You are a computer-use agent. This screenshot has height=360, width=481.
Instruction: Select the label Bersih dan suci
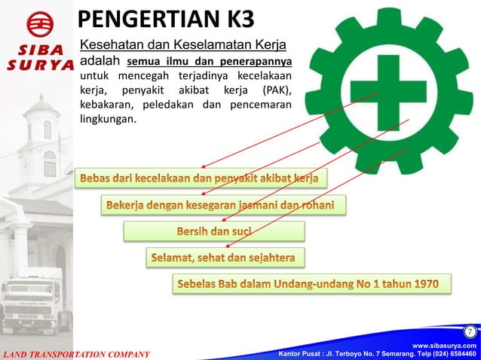214,230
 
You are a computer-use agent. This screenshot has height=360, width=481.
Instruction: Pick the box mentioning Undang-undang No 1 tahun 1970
313,284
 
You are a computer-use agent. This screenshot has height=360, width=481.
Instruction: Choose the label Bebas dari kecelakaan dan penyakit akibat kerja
201,178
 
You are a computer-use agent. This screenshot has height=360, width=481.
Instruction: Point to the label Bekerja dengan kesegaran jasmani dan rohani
224,204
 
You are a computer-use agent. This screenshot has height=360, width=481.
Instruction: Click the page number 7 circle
469,331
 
